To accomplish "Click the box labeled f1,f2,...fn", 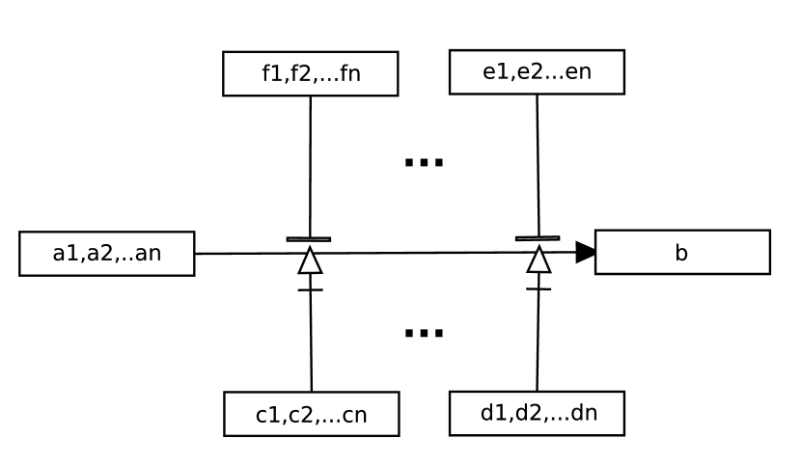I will pos(310,73).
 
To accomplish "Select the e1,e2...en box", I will pos(537,72).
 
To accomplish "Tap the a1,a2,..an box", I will pos(106,254).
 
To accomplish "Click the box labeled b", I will pos(681,253).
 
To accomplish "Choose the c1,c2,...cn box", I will pos(311,414).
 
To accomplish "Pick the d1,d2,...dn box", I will pos(537,413).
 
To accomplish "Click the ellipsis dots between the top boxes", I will pos(423,162).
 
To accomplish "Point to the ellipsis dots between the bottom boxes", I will pos(423,333).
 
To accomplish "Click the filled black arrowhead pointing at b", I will pos(586,253).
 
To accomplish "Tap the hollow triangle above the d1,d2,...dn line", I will pos(539,261).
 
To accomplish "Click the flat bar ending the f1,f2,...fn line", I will pos(309,238).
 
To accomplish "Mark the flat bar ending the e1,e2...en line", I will pos(538,237).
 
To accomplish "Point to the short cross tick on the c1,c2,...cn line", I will pos(310,289).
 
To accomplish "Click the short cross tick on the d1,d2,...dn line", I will pos(539,288).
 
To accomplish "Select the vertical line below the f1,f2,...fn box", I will pos(310,164).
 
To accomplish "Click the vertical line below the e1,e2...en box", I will pos(538,164).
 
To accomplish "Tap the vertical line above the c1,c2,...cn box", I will pos(311,343).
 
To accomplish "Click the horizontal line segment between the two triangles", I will pos(425,253).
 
